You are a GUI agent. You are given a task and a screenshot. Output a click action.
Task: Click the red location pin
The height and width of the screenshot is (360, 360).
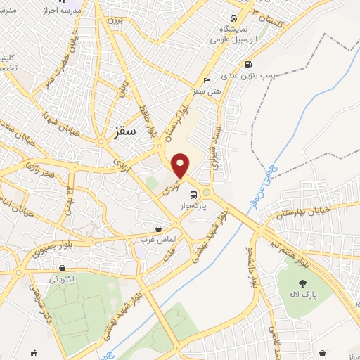[x=181, y=165]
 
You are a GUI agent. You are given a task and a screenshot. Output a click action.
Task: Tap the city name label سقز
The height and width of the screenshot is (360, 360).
[x=123, y=132]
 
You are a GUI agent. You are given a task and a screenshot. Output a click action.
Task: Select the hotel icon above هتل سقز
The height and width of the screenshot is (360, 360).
[x=206, y=79]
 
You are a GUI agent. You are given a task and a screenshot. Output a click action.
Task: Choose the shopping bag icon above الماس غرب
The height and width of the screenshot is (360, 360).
[x=159, y=229]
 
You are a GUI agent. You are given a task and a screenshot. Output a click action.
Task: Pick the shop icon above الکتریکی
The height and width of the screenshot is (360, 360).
[x=63, y=268]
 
